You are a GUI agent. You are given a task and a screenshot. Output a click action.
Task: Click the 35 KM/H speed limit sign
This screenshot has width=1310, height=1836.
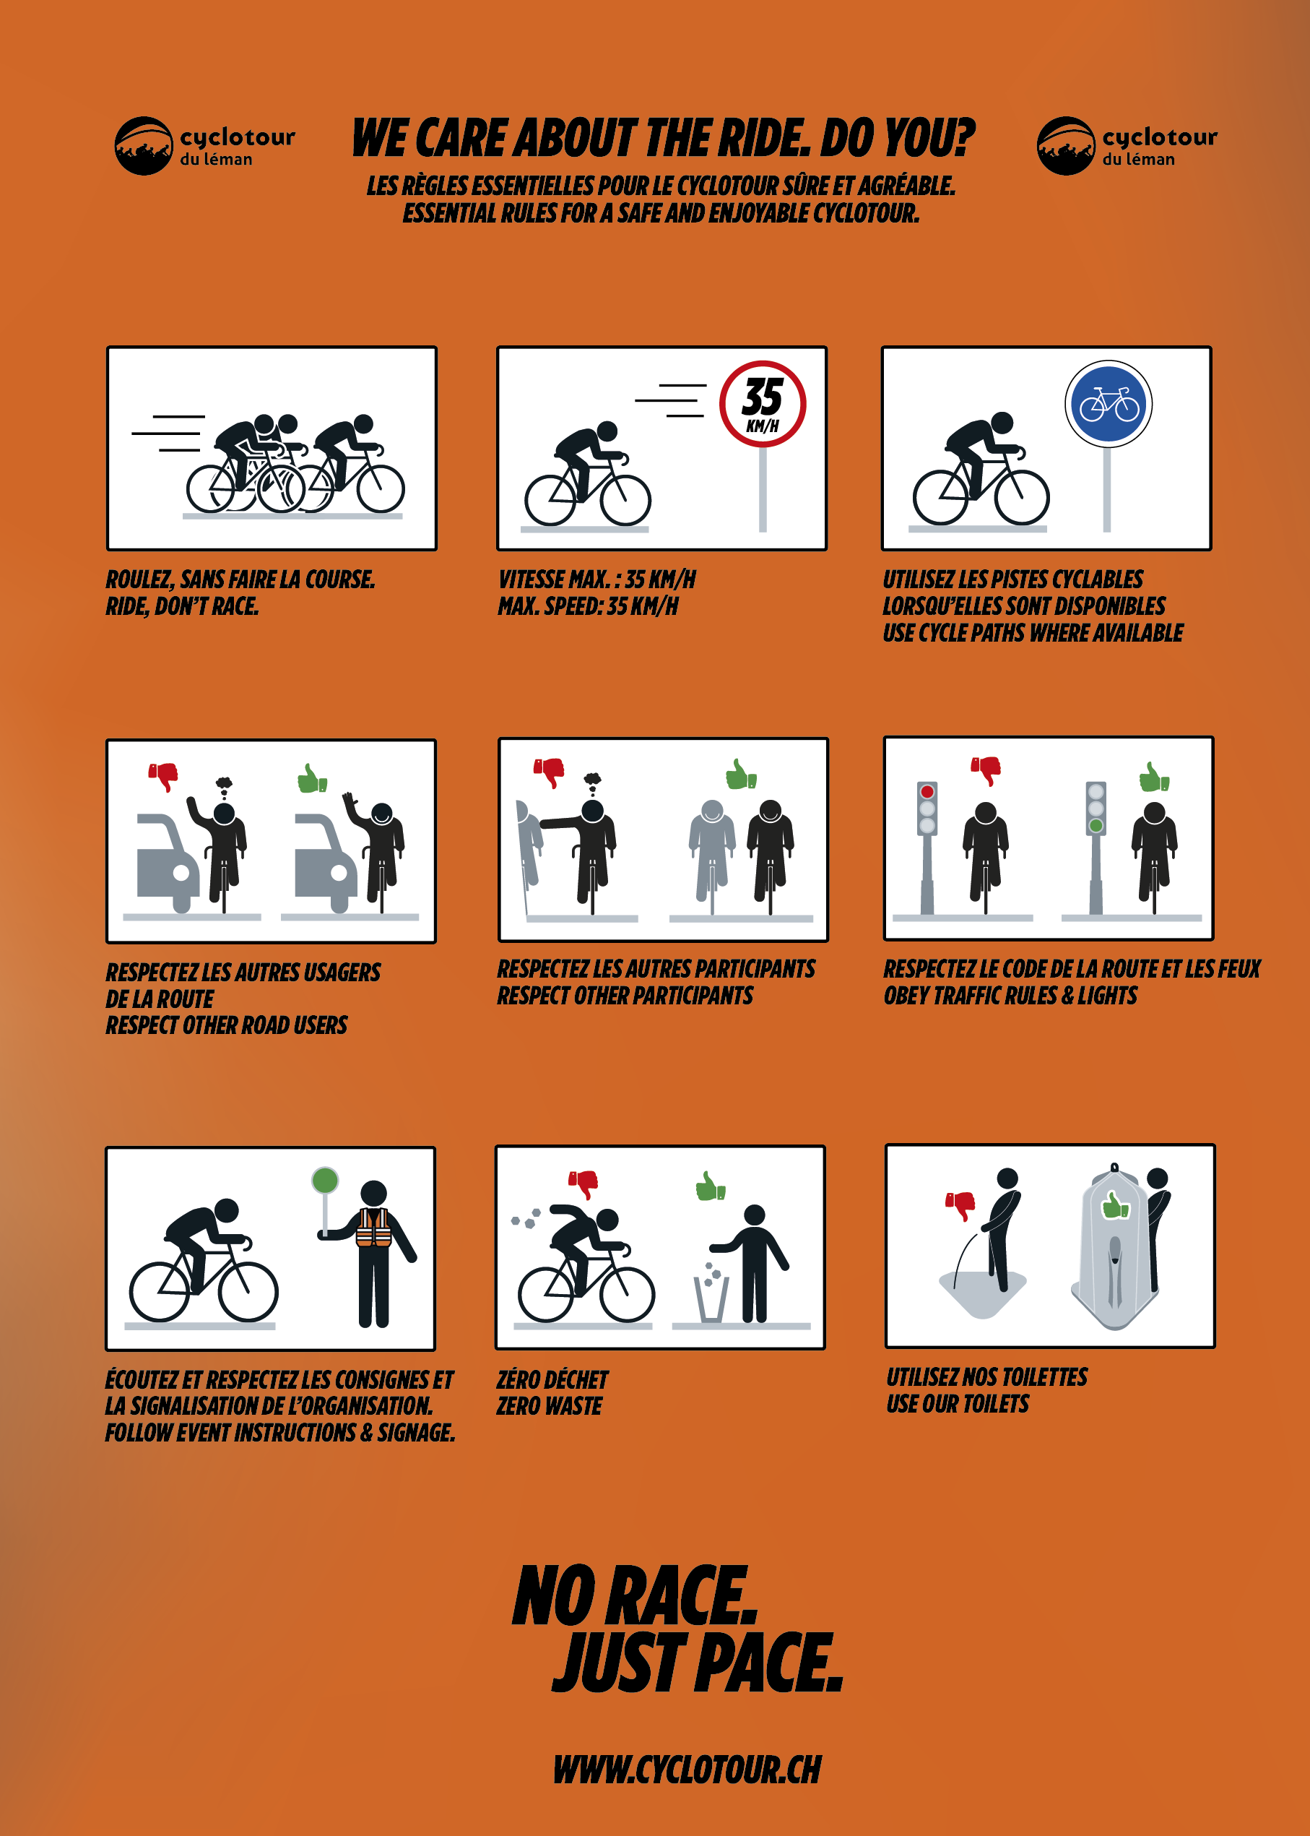point(763,403)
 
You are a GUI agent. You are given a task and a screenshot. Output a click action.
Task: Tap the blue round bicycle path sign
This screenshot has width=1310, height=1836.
point(1109,403)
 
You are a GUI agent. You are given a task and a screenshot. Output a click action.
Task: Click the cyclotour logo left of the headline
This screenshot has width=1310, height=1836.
point(205,146)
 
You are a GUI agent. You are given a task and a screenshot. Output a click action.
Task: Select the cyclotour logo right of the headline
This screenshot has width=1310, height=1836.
point(1127,146)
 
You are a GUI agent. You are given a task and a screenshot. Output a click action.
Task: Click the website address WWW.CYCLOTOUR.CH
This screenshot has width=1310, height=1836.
point(687,1769)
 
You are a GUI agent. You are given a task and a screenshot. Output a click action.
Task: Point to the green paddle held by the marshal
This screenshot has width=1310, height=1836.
point(325,1181)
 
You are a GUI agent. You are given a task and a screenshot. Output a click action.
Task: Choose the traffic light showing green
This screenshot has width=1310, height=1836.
point(1096,808)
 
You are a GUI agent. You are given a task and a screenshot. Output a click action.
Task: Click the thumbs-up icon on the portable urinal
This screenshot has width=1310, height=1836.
point(1116,1205)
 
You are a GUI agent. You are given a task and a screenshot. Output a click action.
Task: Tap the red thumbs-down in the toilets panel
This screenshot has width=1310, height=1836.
point(960,1206)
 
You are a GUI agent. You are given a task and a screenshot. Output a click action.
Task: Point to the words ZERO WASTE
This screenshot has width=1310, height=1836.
point(550,1406)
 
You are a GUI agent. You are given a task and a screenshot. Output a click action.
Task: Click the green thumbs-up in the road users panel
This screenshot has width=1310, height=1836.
point(312,779)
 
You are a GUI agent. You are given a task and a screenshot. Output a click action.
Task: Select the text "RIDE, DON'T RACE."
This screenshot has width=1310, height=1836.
point(182,606)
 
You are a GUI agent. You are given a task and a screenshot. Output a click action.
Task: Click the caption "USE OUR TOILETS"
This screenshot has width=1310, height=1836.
point(958,1403)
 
